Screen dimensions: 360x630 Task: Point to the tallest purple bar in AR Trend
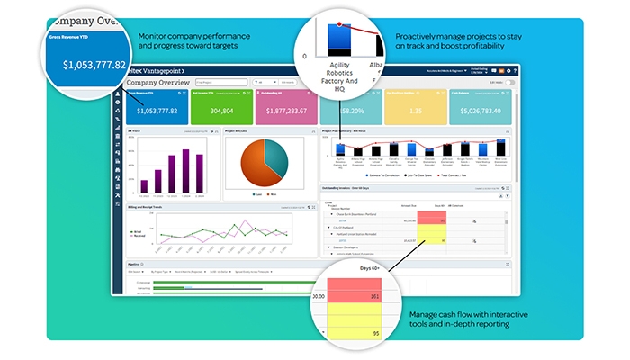(190, 168)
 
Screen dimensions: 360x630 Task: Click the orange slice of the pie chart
(256, 168)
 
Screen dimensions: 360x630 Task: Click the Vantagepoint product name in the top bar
(164, 69)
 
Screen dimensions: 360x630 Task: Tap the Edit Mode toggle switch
(510, 82)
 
